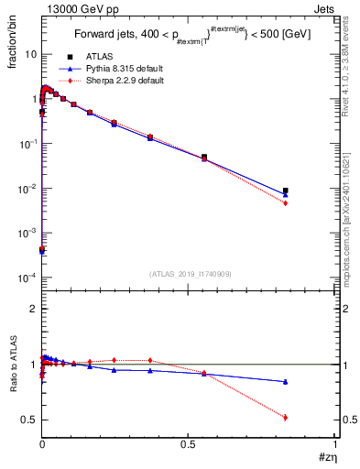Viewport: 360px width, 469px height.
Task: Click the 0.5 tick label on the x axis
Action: [x=188, y=444]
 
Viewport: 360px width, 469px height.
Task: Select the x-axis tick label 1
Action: [x=334, y=444]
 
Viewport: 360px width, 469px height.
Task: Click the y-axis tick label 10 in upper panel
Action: [x=30, y=54]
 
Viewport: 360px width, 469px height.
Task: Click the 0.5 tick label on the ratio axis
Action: [x=28, y=420]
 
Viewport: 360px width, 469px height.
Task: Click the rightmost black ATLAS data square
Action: [x=286, y=191]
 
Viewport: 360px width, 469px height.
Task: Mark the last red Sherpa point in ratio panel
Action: [x=286, y=417]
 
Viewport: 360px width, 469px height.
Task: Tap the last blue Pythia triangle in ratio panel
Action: [x=286, y=381]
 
